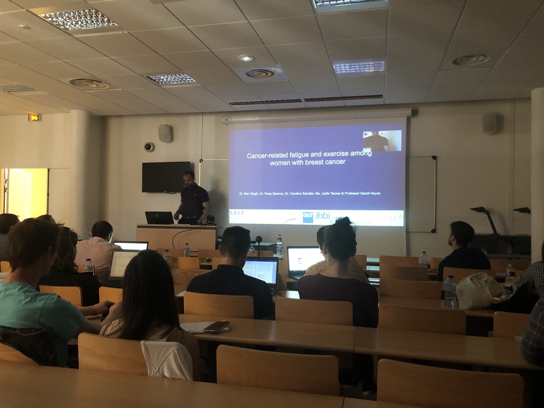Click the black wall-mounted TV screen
[166, 177]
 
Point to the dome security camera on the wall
[149, 147]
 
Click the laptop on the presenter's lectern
[159, 218]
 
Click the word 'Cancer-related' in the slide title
[268, 155]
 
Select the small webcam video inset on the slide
[382, 141]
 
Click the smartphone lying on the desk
[216, 326]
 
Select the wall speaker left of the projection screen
[165, 133]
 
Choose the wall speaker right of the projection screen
[489, 123]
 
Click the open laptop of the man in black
[261, 272]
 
